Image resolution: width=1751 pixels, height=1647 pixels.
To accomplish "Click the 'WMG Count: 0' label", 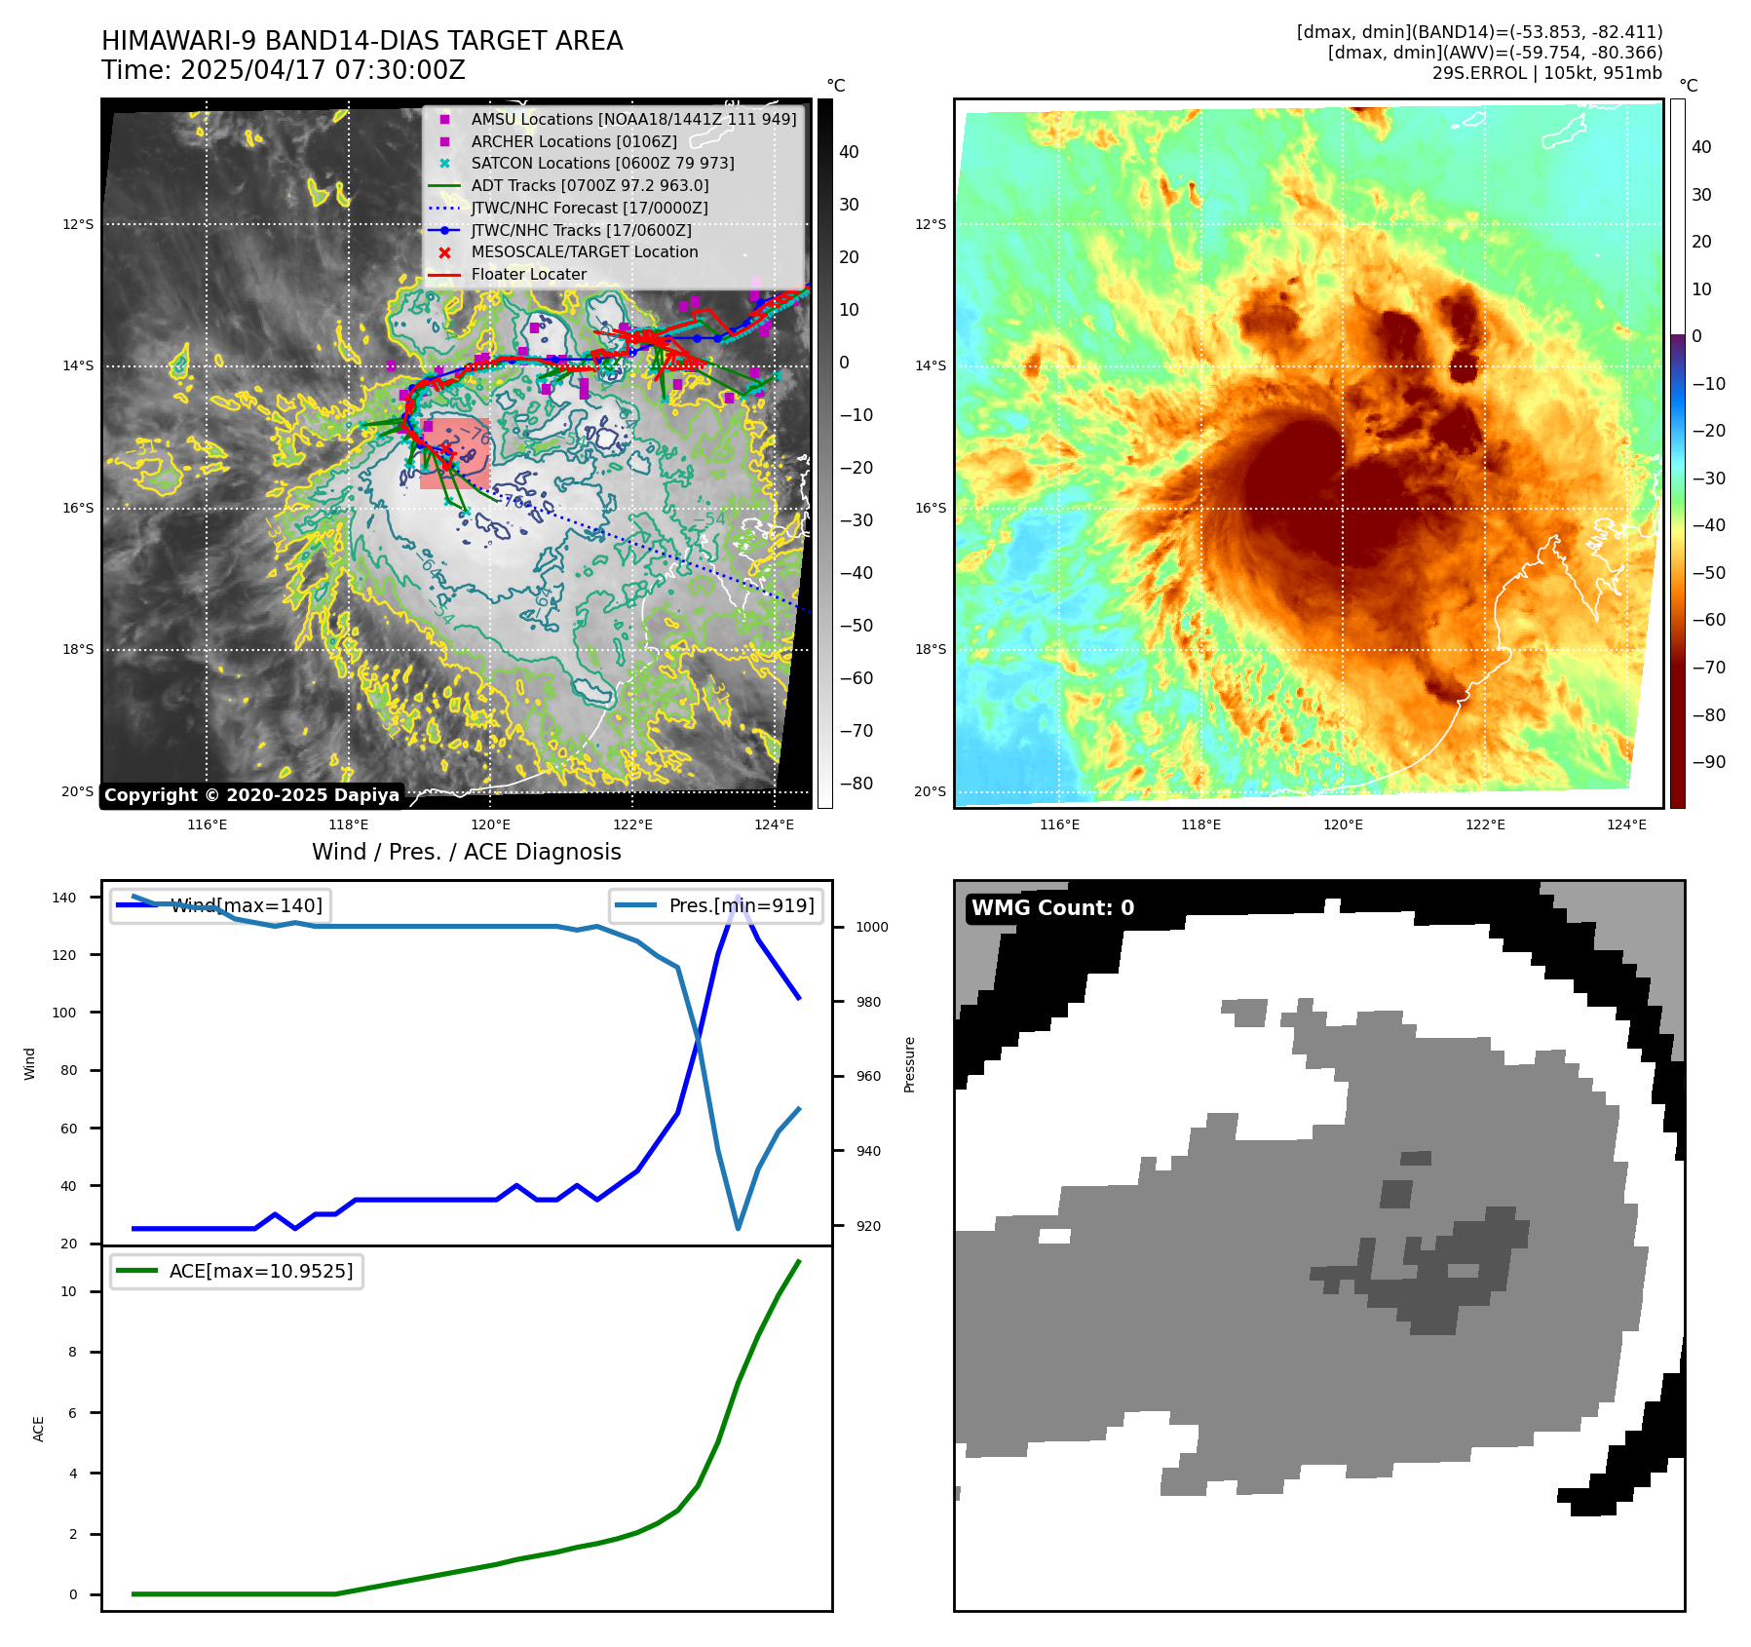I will click(1052, 908).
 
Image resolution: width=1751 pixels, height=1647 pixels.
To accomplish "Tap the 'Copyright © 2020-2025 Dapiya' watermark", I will click(251, 795).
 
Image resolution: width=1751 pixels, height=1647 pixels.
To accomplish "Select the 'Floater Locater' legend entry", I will click(528, 275).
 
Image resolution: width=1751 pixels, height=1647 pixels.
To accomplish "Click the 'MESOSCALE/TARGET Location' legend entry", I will click(584, 252).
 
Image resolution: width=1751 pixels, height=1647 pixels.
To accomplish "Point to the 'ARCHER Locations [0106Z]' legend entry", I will click(573, 141).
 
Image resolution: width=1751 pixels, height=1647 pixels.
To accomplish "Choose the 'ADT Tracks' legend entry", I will click(590, 185).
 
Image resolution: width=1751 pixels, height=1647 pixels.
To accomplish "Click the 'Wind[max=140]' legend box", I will click(220, 905).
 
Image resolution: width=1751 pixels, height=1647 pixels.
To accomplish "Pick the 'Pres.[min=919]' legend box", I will click(716, 905).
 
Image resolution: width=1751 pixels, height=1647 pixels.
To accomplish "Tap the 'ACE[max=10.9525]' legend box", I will click(237, 1271).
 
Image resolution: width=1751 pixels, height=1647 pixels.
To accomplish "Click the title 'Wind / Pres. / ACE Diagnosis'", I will click(466, 852).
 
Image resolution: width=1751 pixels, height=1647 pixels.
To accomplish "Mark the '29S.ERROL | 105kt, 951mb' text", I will click(1546, 73).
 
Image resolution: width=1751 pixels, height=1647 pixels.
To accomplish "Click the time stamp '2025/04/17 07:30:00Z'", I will click(323, 70).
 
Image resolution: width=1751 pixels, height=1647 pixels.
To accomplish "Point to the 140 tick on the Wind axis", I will click(63, 898).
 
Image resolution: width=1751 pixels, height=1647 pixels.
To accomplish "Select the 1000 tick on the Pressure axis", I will click(871, 927).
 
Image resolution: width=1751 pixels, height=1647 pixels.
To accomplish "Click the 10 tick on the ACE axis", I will click(68, 1291).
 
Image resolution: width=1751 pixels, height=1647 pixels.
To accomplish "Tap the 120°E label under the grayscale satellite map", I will click(490, 825).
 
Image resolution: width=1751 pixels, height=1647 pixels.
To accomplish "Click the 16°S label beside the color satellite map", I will click(930, 508).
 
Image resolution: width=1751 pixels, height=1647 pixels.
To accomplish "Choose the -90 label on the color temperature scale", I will click(1708, 762).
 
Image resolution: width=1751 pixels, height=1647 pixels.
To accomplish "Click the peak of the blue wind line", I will click(738, 897).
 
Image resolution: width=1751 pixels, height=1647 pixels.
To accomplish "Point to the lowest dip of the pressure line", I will click(738, 1229).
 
